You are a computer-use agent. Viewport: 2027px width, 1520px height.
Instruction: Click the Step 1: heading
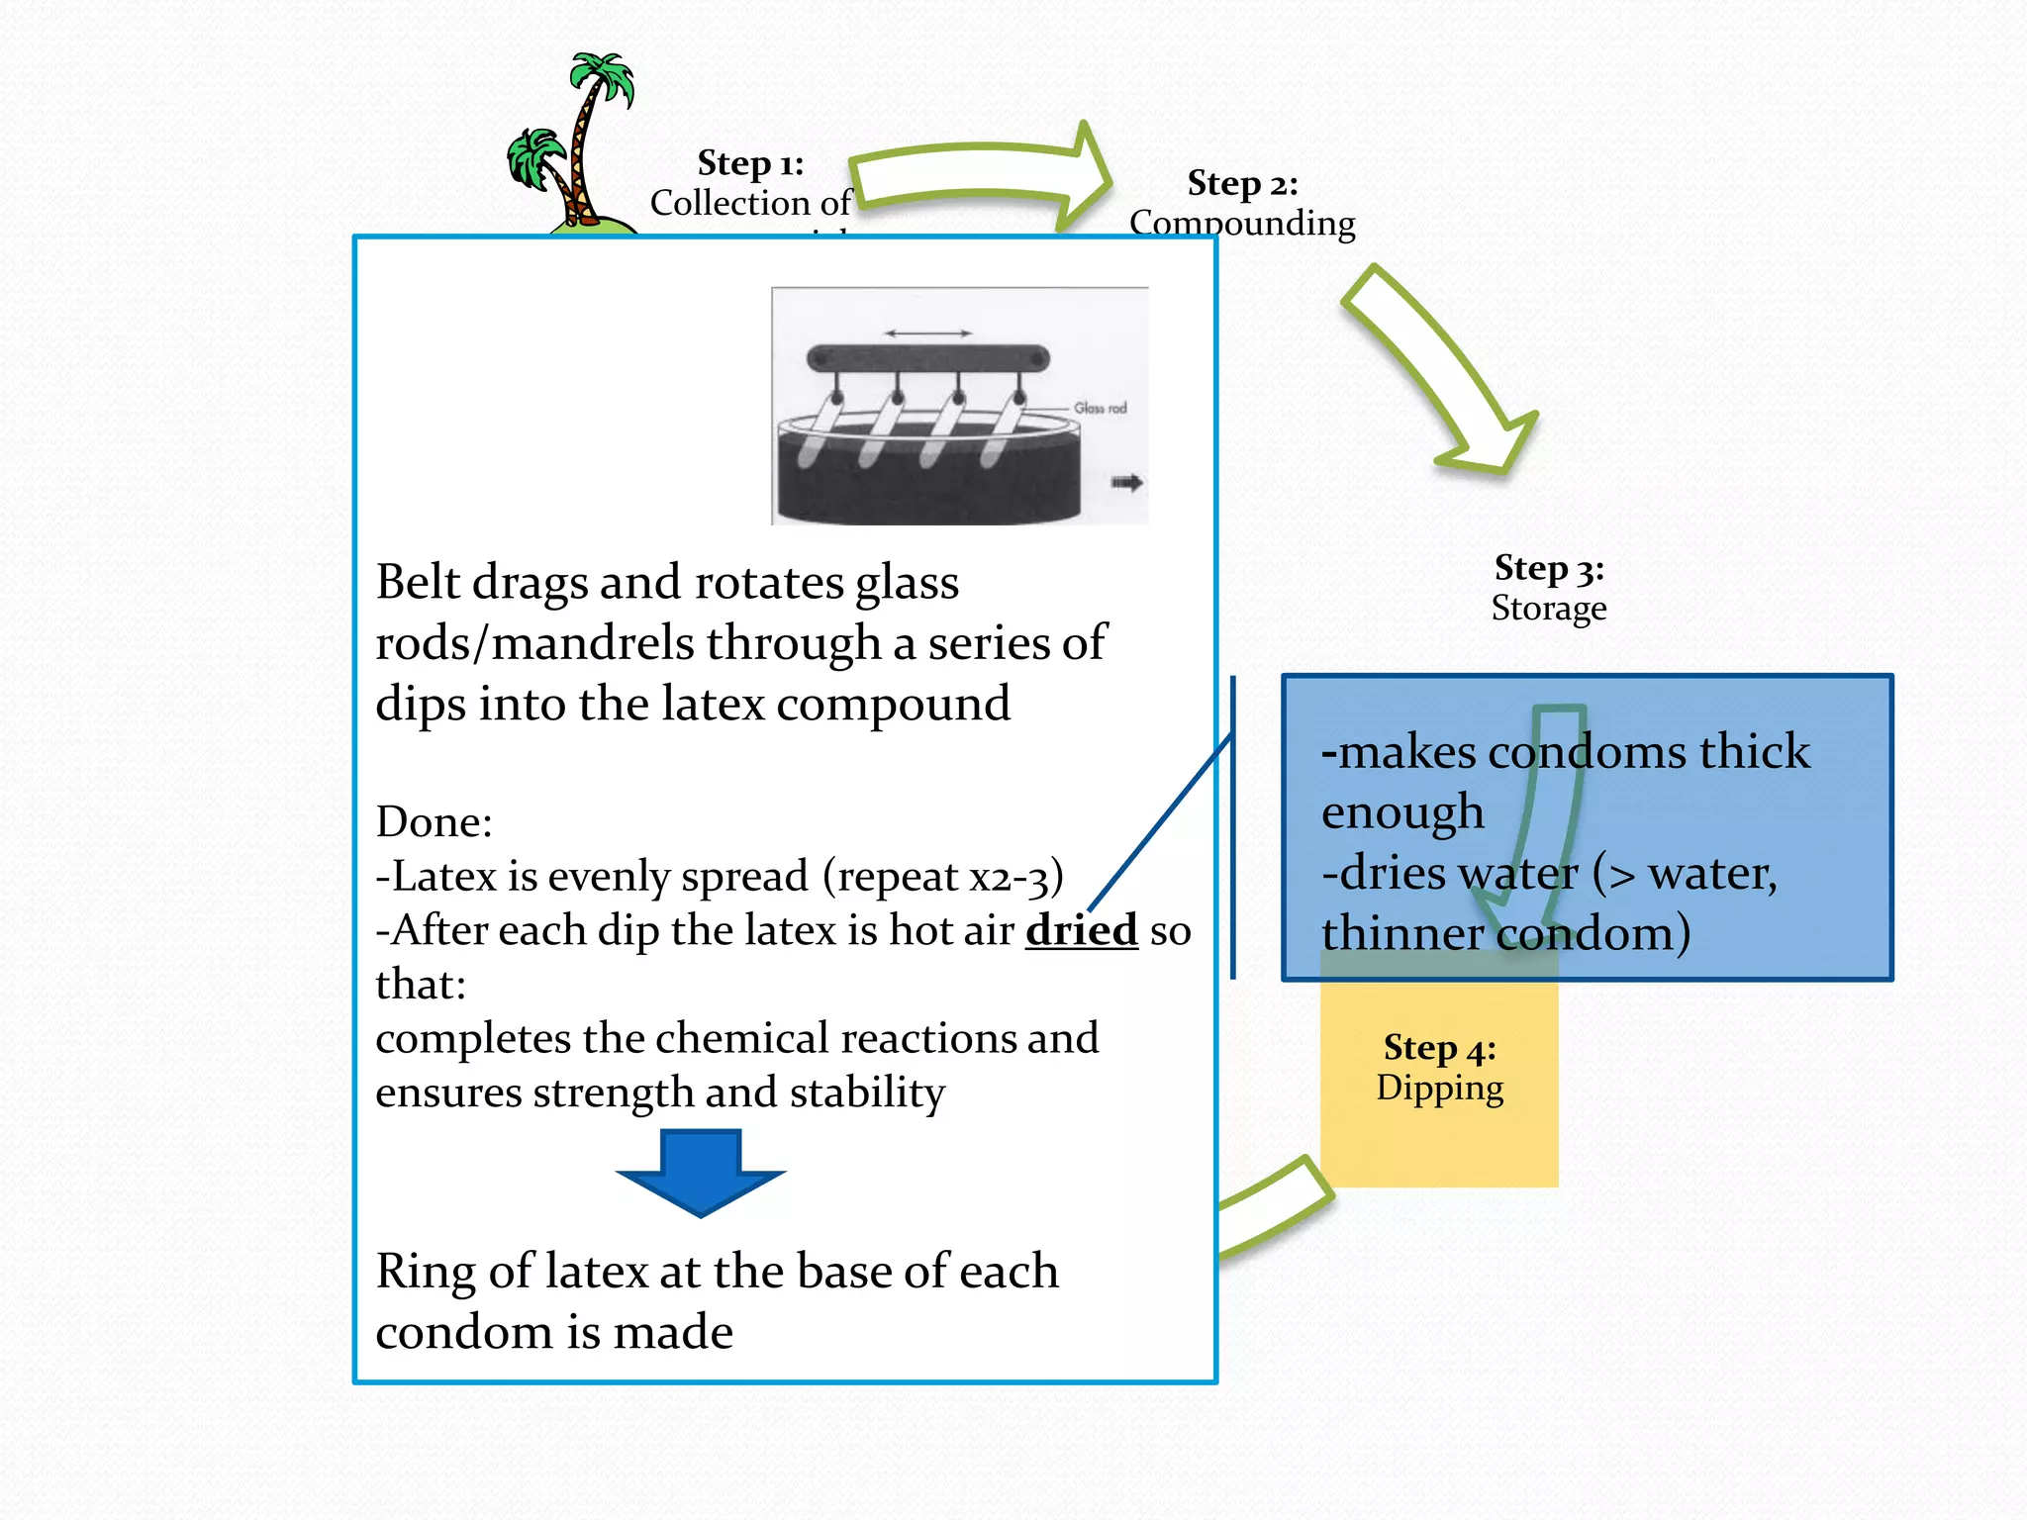pos(750,163)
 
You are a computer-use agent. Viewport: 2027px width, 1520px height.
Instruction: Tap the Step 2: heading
pos(1242,184)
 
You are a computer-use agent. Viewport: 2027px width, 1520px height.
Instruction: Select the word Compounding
pos(1242,223)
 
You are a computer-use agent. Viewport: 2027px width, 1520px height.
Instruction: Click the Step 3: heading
pos(1549,568)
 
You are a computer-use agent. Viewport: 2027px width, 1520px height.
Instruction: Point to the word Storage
pos(1549,608)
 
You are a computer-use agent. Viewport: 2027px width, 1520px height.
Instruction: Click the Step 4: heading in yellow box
pos(1439,1048)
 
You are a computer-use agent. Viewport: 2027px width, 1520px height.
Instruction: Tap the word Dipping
pos(1439,1088)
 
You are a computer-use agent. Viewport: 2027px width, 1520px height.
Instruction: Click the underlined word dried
pos(1081,930)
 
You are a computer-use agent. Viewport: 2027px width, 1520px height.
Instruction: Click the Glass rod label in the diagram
pos(1100,408)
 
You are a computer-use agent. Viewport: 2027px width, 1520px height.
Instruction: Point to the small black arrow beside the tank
pos(1126,483)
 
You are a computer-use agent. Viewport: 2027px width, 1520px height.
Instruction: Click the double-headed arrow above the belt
pos(927,333)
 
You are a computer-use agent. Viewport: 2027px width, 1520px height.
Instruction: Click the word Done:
pos(434,822)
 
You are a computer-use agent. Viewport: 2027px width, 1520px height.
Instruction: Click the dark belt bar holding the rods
pos(927,358)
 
